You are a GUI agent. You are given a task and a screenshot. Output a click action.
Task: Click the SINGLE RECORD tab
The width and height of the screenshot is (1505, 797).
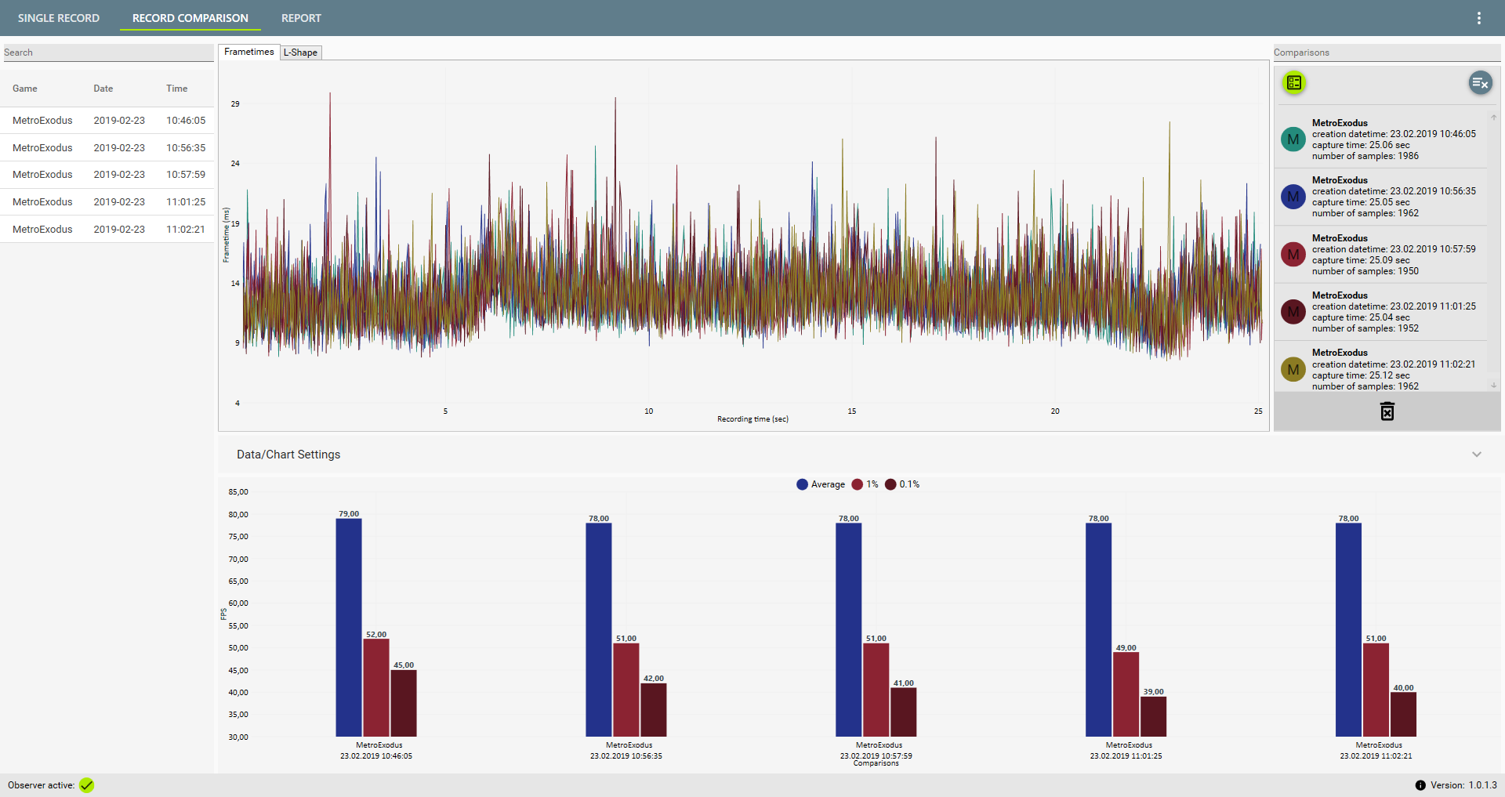tap(59, 18)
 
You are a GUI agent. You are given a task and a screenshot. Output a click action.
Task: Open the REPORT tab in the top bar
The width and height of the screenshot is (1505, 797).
tap(301, 18)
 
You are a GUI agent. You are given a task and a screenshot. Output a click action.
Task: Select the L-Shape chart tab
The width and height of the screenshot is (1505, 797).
tap(300, 53)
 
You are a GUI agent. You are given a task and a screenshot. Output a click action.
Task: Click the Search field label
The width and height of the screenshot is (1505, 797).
tap(19, 53)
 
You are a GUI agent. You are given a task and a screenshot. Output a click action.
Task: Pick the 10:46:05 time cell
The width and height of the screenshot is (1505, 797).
tap(186, 121)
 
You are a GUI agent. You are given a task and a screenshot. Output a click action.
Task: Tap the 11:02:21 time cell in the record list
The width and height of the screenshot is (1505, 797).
tap(186, 230)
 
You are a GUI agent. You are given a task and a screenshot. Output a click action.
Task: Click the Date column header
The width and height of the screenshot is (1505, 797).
tap(103, 89)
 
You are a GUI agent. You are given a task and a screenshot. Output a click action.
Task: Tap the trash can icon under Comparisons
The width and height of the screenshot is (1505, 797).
tap(1387, 411)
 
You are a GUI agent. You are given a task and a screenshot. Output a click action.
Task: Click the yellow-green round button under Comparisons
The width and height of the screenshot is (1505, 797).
tap(1294, 82)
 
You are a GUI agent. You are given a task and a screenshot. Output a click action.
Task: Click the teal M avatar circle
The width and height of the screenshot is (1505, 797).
tap(1293, 139)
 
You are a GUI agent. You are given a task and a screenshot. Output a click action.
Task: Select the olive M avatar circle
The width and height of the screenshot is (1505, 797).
tap(1293, 369)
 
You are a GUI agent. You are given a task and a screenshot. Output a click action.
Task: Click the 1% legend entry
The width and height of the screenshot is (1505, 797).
tap(865, 484)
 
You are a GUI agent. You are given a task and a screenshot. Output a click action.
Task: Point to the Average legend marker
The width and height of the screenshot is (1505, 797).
tap(802, 484)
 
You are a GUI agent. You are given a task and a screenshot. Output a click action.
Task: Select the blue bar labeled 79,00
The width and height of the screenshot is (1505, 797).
tap(349, 627)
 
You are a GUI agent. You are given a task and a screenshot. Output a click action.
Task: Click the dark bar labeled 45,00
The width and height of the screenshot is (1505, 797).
tap(404, 703)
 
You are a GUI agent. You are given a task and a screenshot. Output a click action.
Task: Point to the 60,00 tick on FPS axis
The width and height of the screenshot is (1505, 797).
tap(238, 603)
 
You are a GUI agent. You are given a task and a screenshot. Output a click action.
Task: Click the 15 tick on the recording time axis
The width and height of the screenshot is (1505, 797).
tap(852, 411)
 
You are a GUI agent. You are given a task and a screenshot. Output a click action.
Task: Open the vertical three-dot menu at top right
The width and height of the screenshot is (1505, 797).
tap(1479, 18)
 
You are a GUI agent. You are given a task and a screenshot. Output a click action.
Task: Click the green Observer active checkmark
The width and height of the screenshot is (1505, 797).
tap(87, 785)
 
